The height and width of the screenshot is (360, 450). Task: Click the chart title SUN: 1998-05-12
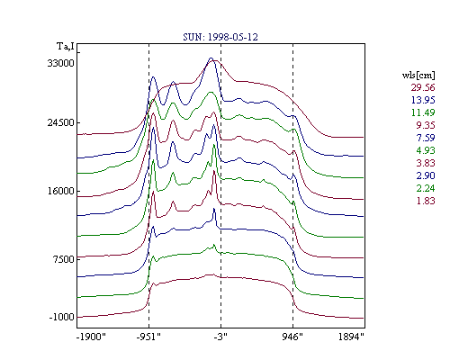[x=220, y=37]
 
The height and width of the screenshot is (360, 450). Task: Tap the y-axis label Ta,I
[x=66, y=47]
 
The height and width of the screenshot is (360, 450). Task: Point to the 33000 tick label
[x=60, y=63]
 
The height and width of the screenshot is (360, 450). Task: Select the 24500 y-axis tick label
[x=60, y=122]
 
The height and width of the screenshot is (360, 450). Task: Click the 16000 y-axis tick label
[x=60, y=191]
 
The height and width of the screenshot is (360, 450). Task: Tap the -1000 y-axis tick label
[x=61, y=317]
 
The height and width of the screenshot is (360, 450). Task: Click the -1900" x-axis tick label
[x=91, y=337]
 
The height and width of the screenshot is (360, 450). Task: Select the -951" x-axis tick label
[x=148, y=337]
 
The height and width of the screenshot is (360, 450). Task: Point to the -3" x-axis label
[x=220, y=337]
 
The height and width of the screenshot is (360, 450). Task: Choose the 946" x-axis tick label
[x=292, y=337]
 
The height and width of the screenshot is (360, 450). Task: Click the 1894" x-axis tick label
[x=351, y=337]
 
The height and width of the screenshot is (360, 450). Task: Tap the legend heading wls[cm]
[x=418, y=75]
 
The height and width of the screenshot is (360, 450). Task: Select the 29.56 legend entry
[x=423, y=87]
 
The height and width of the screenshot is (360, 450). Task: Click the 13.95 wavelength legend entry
[x=423, y=100]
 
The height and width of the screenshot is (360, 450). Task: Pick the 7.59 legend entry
[x=426, y=138]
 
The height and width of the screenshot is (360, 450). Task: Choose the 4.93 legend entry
[x=426, y=150]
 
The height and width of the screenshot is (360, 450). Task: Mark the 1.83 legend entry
[x=426, y=201]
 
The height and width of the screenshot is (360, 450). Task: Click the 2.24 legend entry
[x=426, y=188]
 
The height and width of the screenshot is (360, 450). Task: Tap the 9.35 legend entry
[x=426, y=125]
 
